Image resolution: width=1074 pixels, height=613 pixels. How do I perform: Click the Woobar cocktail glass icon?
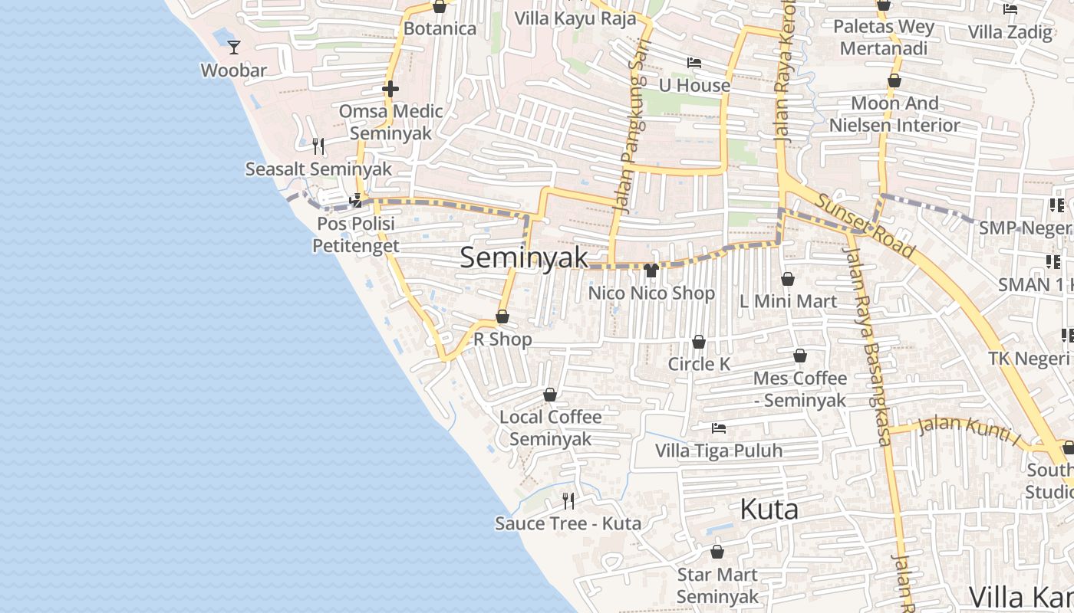coord(234,48)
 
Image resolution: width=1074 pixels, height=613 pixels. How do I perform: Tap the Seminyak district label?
coord(524,258)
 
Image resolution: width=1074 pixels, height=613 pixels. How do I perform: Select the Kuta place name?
coord(769,510)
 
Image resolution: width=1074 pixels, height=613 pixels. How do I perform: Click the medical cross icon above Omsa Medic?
coord(390,90)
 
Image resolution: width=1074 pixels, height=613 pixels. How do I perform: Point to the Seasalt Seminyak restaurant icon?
coord(318,146)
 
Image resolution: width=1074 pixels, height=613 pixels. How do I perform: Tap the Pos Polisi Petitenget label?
coord(355,234)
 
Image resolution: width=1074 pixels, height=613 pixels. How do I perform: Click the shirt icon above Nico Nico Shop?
coord(651,270)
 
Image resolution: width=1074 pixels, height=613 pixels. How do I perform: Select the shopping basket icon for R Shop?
coord(502,316)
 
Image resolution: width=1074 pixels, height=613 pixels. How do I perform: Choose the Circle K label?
coord(699,364)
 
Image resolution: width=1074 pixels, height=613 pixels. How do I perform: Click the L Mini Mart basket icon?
coord(788,279)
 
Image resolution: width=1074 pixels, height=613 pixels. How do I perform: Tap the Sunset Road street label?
coord(865,225)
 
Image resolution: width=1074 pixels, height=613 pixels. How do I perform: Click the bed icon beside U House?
coord(694,63)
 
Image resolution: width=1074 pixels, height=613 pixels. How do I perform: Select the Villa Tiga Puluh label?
coord(719,451)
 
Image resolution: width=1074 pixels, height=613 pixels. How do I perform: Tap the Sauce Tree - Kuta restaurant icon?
coord(568,501)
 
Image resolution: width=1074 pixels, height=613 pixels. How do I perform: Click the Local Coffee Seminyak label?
coord(551,428)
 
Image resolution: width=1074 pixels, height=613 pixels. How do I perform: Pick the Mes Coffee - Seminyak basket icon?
coord(800,356)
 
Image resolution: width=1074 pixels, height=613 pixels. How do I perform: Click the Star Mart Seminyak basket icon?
coord(717,552)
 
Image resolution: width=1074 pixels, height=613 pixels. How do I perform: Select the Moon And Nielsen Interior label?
coord(894,114)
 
